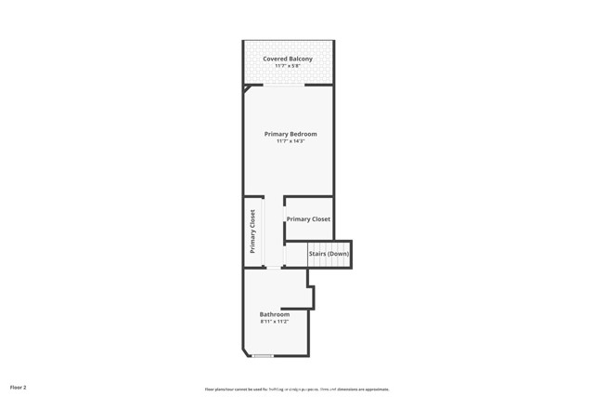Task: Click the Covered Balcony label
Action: tap(287, 59)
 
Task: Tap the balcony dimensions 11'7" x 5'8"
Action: tap(287, 66)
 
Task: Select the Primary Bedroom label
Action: tap(290, 134)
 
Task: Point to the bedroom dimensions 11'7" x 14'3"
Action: tap(290, 141)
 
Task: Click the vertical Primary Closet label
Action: tap(252, 232)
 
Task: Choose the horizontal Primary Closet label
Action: tap(308, 219)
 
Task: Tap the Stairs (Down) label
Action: tap(329, 254)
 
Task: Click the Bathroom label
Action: tap(274, 314)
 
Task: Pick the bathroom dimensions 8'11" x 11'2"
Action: tap(274, 322)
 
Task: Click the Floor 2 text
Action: tap(19, 386)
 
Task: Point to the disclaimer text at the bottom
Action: tap(296, 390)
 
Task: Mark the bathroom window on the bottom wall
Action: tap(263, 356)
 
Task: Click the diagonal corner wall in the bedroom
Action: tap(248, 90)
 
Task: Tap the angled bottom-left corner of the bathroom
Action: tap(246, 352)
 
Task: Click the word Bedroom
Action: tap(303, 134)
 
